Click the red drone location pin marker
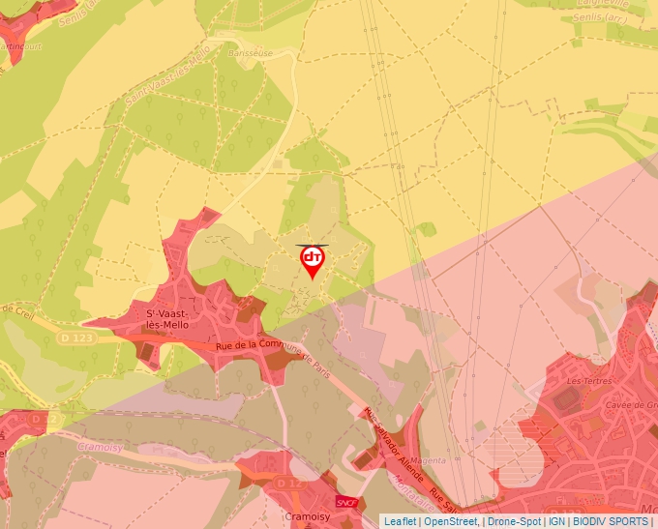point(313,261)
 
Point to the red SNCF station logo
point(345,503)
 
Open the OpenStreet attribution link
point(451,521)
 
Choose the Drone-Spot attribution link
point(514,521)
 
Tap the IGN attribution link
point(556,521)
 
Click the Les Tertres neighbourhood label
point(587,381)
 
